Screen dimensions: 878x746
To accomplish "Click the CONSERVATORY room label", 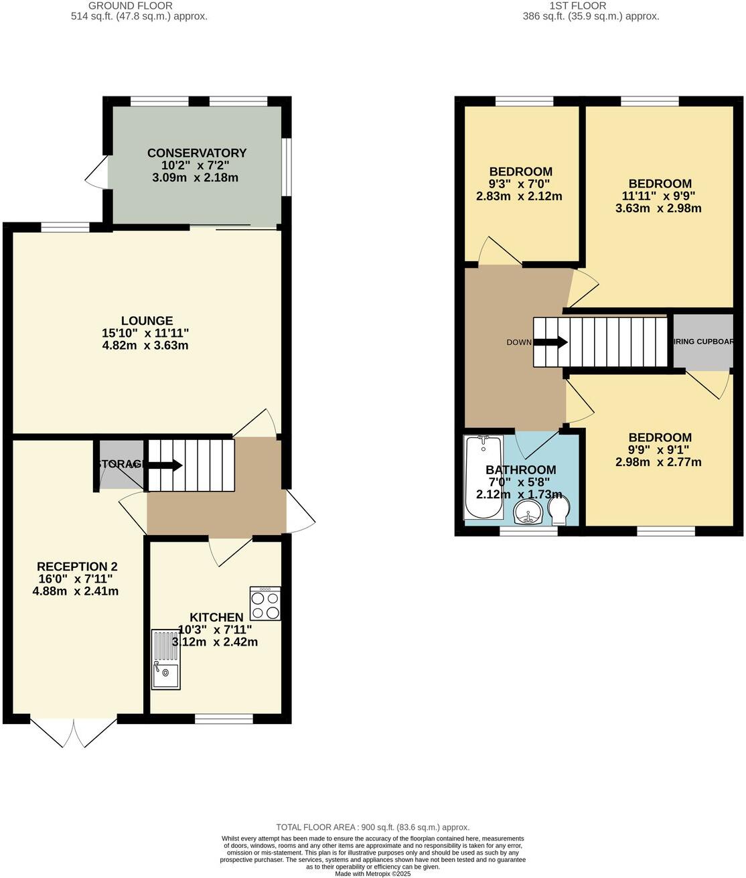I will click(197, 153).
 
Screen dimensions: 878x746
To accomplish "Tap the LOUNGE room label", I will click(147, 321).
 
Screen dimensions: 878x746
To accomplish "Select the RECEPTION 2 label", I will click(77, 567).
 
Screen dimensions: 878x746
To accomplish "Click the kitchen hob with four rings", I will click(265, 603).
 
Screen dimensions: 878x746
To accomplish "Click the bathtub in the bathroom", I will click(483, 477).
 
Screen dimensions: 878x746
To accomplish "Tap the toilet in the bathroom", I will click(558, 512).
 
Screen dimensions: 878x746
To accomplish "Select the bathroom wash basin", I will click(528, 515).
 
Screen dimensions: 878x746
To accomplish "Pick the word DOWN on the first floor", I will click(519, 342).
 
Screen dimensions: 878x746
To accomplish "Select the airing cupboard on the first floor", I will click(702, 342).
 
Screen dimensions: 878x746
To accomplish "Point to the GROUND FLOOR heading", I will click(131, 5).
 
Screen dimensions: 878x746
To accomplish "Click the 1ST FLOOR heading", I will click(577, 5).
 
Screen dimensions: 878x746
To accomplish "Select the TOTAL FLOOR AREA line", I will click(373, 827).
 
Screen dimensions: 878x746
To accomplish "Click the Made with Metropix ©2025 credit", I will click(373, 873).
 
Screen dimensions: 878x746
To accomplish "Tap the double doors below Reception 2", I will click(68, 732).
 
